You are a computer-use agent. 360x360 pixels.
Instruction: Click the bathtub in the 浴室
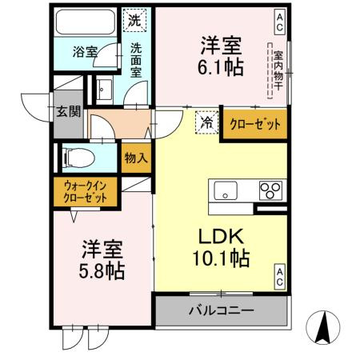click(x=85, y=22)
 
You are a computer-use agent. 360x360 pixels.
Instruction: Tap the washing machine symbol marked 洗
click(x=134, y=20)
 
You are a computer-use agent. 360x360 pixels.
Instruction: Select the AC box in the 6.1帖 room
click(x=279, y=22)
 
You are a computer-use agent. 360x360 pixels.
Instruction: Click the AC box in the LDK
click(x=280, y=277)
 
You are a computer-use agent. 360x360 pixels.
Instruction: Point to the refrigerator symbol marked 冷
click(x=207, y=122)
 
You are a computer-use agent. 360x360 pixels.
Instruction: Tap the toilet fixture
click(x=78, y=158)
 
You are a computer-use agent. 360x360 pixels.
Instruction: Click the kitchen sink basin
click(x=226, y=190)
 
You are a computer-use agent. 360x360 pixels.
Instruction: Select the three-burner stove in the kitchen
click(x=270, y=190)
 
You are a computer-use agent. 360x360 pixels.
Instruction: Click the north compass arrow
click(x=323, y=328)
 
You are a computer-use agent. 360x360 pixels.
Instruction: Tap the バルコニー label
click(x=222, y=310)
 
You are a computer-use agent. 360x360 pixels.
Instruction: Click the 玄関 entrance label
click(x=68, y=111)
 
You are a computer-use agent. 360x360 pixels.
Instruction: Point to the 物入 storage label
click(x=136, y=158)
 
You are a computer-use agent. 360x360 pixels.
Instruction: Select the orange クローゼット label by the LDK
click(x=255, y=124)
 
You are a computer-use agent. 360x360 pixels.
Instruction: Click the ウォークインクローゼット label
click(x=86, y=192)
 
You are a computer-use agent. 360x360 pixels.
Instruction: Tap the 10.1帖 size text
click(x=221, y=258)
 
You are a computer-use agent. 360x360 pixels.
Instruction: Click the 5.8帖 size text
click(x=102, y=271)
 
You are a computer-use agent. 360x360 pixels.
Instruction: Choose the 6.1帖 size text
click(x=221, y=66)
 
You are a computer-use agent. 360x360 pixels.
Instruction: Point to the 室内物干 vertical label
click(x=278, y=71)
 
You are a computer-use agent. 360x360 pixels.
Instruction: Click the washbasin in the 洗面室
click(x=105, y=90)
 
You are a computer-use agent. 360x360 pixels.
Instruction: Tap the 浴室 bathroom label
click(x=85, y=52)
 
